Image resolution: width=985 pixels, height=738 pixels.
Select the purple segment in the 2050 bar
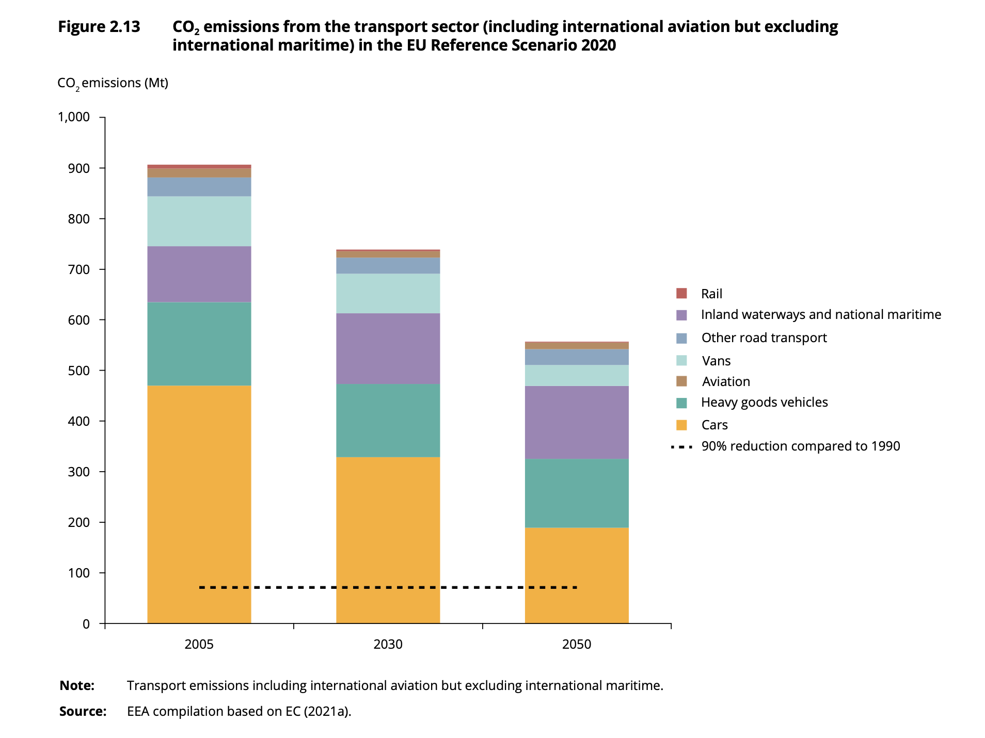(576, 422)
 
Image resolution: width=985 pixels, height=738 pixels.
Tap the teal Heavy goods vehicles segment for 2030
(388, 420)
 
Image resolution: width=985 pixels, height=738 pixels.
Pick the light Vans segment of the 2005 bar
(199, 221)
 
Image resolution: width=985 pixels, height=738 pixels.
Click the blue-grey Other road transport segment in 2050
(576, 357)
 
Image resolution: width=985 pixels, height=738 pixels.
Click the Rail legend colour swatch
(681, 294)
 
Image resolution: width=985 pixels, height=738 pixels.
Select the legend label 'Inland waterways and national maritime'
(820, 315)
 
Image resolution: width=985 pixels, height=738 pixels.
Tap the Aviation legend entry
(725, 381)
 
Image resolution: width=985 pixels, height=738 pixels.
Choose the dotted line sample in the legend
(681, 446)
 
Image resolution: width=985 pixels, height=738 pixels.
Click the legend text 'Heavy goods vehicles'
(764, 403)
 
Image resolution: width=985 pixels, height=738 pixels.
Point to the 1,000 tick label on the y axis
(74, 117)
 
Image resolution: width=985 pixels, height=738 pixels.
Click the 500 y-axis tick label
(79, 371)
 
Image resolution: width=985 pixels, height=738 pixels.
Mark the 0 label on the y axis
(86, 624)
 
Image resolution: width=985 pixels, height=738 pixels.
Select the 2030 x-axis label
(388, 645)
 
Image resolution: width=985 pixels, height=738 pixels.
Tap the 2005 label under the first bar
(199, 645)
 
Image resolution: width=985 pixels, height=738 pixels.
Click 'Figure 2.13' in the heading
(99, 27)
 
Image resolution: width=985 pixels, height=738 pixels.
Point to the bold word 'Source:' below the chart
(83, 712)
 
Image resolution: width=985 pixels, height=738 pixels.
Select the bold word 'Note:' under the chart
(77, 686)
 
